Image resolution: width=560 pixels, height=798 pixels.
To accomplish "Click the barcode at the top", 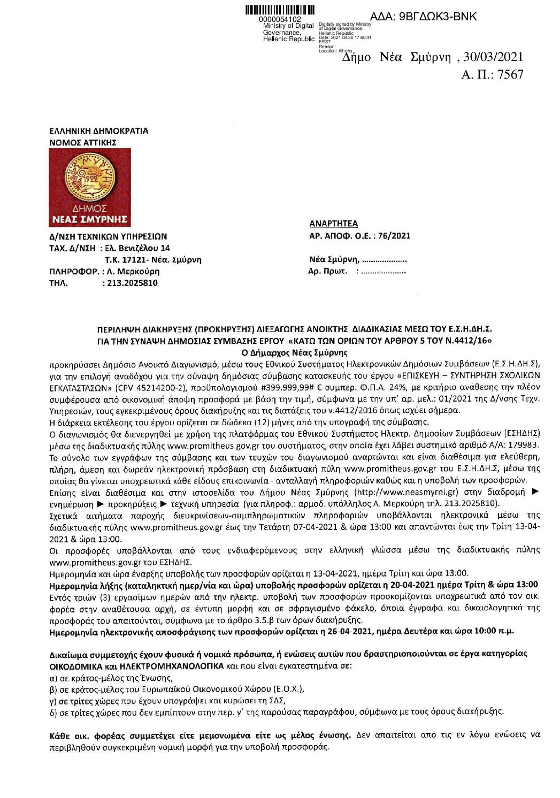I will (280, 10).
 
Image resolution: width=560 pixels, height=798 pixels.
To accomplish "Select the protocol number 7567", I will (510, 75).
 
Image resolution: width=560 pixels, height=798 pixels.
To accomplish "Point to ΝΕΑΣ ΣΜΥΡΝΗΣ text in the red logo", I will (89, 218).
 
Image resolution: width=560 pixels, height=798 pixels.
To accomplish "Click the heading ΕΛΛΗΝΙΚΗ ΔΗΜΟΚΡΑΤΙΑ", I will (98, 131).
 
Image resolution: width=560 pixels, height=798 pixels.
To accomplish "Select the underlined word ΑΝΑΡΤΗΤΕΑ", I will (334, 224).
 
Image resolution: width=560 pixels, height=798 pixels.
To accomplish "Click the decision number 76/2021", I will (394, 236).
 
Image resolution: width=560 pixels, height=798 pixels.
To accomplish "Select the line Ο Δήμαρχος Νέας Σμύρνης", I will (295, 353).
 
